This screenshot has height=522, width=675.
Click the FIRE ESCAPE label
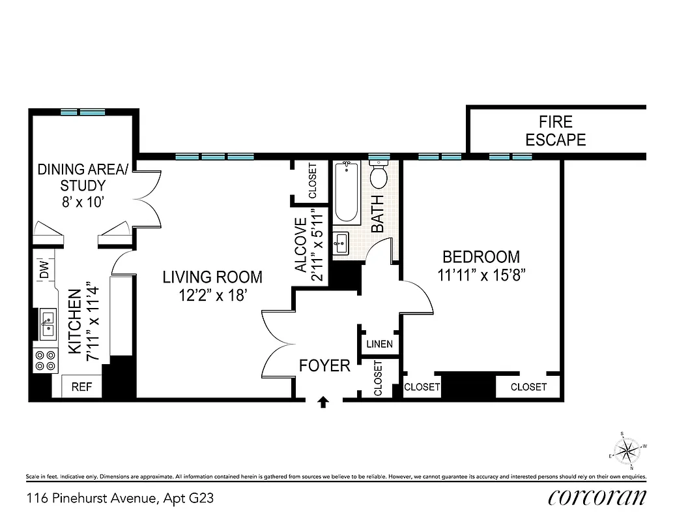click(x=555, y=130)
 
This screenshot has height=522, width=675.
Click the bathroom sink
click(x=340, y=243)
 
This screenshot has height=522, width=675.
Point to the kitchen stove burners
click(x=45, y=361)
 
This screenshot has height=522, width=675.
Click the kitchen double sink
click(x=48, y=324)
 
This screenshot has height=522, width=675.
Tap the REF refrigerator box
click(x=81, y=386)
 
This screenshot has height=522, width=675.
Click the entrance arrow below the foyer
click(x=323, y=403)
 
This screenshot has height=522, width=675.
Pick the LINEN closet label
click(x=380, y=344)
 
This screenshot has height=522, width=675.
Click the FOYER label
click(x=324, y=365)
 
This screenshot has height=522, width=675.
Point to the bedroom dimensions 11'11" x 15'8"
click(x=481, y=275)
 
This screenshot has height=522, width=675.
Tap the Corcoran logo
click(x=597, y=497)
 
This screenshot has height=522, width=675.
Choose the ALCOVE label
click(x=300, y=245)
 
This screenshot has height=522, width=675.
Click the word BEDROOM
click(x=481, y=256)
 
